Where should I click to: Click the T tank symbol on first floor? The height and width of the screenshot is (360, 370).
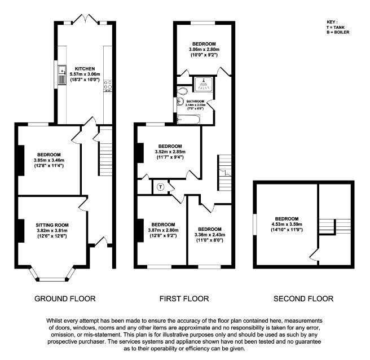[161, 187]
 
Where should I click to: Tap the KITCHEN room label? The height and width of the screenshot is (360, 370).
[85, 69]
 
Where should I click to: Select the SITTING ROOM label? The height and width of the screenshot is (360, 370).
[52, 225]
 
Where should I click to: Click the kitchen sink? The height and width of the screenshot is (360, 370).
[62, 75]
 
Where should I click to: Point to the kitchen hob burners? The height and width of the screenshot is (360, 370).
[108, 85]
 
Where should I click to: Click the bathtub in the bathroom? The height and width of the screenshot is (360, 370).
[188, 119]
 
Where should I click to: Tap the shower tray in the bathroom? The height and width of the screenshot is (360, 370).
[203, 84]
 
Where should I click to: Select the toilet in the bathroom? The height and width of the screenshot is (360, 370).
[182, 91]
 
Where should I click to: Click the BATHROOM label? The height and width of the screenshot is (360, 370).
[195, 101]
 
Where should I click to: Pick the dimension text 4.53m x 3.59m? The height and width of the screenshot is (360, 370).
[287, 224]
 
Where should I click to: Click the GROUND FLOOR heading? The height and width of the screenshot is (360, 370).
[65, 298]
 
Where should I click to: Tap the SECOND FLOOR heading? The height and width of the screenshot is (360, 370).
[303, 298]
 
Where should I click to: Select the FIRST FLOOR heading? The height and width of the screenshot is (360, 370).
[184, 298]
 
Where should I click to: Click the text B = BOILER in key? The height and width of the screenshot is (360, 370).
[338, 32]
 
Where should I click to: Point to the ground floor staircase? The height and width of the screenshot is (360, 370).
[105, 151]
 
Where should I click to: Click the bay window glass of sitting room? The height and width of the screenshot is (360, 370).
[52, 279]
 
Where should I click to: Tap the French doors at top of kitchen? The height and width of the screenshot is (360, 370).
[85, 19]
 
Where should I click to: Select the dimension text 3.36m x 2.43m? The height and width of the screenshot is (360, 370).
[210, 235]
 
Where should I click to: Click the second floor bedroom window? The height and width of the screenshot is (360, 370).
[254, 225]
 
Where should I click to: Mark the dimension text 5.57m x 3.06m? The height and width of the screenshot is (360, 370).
[85, 74]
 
